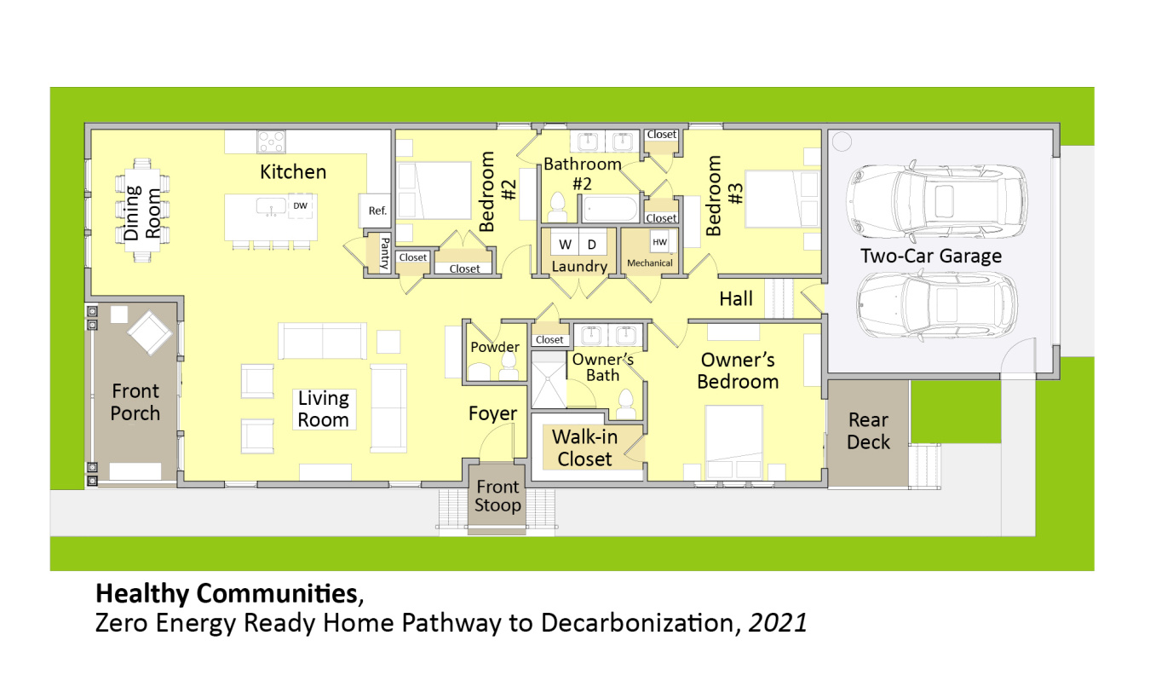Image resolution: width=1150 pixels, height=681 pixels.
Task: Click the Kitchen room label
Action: coord(292,172)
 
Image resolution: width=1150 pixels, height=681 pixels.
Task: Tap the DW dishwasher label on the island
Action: coord(300,206)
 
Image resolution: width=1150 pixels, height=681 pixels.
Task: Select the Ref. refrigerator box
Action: coord(377,211)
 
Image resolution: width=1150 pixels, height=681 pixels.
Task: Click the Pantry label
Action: coord(383,253)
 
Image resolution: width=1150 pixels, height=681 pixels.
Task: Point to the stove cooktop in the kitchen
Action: coord(271,141)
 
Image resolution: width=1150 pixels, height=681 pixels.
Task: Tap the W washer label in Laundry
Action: coord(565,245)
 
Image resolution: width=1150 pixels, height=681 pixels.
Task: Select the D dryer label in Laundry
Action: coord(593,245)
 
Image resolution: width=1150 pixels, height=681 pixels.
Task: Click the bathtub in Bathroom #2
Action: coord(609,209)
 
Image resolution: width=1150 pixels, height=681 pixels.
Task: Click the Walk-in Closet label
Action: coord(584,448)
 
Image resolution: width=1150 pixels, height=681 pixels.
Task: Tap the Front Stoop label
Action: coord(497,496)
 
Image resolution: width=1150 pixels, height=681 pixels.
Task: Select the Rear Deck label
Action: coord(868,431)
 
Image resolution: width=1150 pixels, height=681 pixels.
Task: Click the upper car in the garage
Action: coord(935,202)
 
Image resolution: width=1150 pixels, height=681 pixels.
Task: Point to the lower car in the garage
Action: coord(935,306)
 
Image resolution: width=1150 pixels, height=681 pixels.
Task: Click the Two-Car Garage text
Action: coord(930,256)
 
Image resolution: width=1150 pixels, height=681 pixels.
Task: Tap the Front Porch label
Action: coord(135,402)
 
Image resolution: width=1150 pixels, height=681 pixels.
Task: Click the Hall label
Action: coord(736,298)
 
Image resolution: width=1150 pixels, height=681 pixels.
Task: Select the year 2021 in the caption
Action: coord(778,624)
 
